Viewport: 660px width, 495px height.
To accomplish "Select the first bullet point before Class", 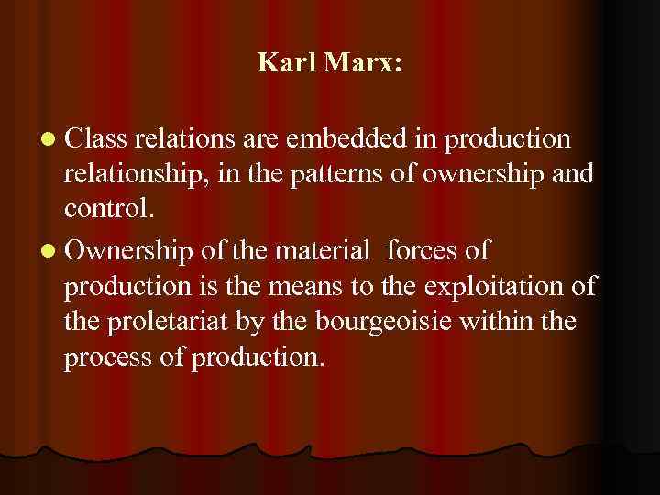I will click(48, 139).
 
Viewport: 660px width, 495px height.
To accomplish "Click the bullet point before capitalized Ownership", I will click(48, 250).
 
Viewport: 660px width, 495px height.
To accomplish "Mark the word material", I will click(322, 249).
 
